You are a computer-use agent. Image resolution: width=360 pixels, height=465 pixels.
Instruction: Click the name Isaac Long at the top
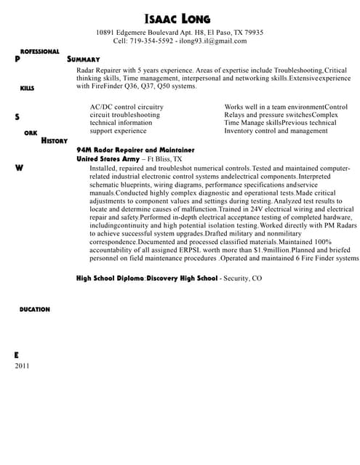click(180, 17)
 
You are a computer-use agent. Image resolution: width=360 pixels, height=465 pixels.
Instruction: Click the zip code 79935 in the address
click(253, 33)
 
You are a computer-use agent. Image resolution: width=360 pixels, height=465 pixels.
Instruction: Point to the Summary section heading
click(83, 59)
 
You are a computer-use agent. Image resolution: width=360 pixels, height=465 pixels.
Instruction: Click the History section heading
click(55, 140)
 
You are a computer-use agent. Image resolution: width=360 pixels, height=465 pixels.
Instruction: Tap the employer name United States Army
click(108, 158)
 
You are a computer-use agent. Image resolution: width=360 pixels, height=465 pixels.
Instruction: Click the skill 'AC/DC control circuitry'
click(126, 107)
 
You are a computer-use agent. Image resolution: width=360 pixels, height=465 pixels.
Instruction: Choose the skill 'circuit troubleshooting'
click(124, 115)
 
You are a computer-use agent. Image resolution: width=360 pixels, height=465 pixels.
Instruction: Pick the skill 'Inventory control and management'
click(276, 131)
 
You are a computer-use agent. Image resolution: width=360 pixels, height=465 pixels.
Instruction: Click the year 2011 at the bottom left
click(23, 365)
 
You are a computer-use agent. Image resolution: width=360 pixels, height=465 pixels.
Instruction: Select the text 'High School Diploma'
click(110, 278)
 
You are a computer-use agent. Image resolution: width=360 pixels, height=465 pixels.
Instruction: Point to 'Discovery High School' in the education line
click(182, 278)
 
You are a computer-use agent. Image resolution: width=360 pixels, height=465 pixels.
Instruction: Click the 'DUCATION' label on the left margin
click(34, 310)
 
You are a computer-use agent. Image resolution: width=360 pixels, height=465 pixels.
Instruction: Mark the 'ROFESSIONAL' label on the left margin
click(39, 52)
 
